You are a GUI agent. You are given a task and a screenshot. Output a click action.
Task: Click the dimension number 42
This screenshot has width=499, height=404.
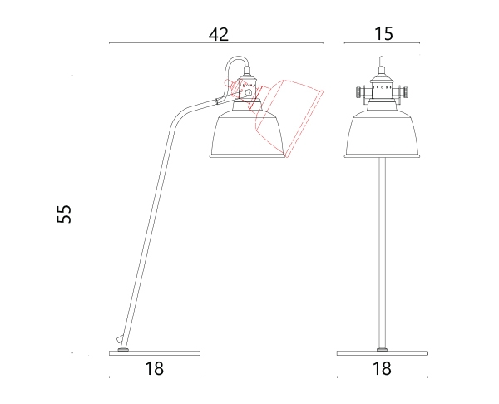[219, 34]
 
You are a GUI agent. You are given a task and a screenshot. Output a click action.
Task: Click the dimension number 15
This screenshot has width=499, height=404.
[383, 33]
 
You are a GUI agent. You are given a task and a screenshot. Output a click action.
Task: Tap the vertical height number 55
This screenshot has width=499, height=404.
[64, 214]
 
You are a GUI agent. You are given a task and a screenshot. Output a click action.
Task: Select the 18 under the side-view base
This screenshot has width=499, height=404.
[155, 368]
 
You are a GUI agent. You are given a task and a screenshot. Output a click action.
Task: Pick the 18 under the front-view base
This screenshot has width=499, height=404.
[382, 368]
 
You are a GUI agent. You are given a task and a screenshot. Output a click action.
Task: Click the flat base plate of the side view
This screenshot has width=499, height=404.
[155, 353]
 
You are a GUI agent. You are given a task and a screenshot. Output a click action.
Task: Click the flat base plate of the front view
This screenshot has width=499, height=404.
[383, 353]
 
